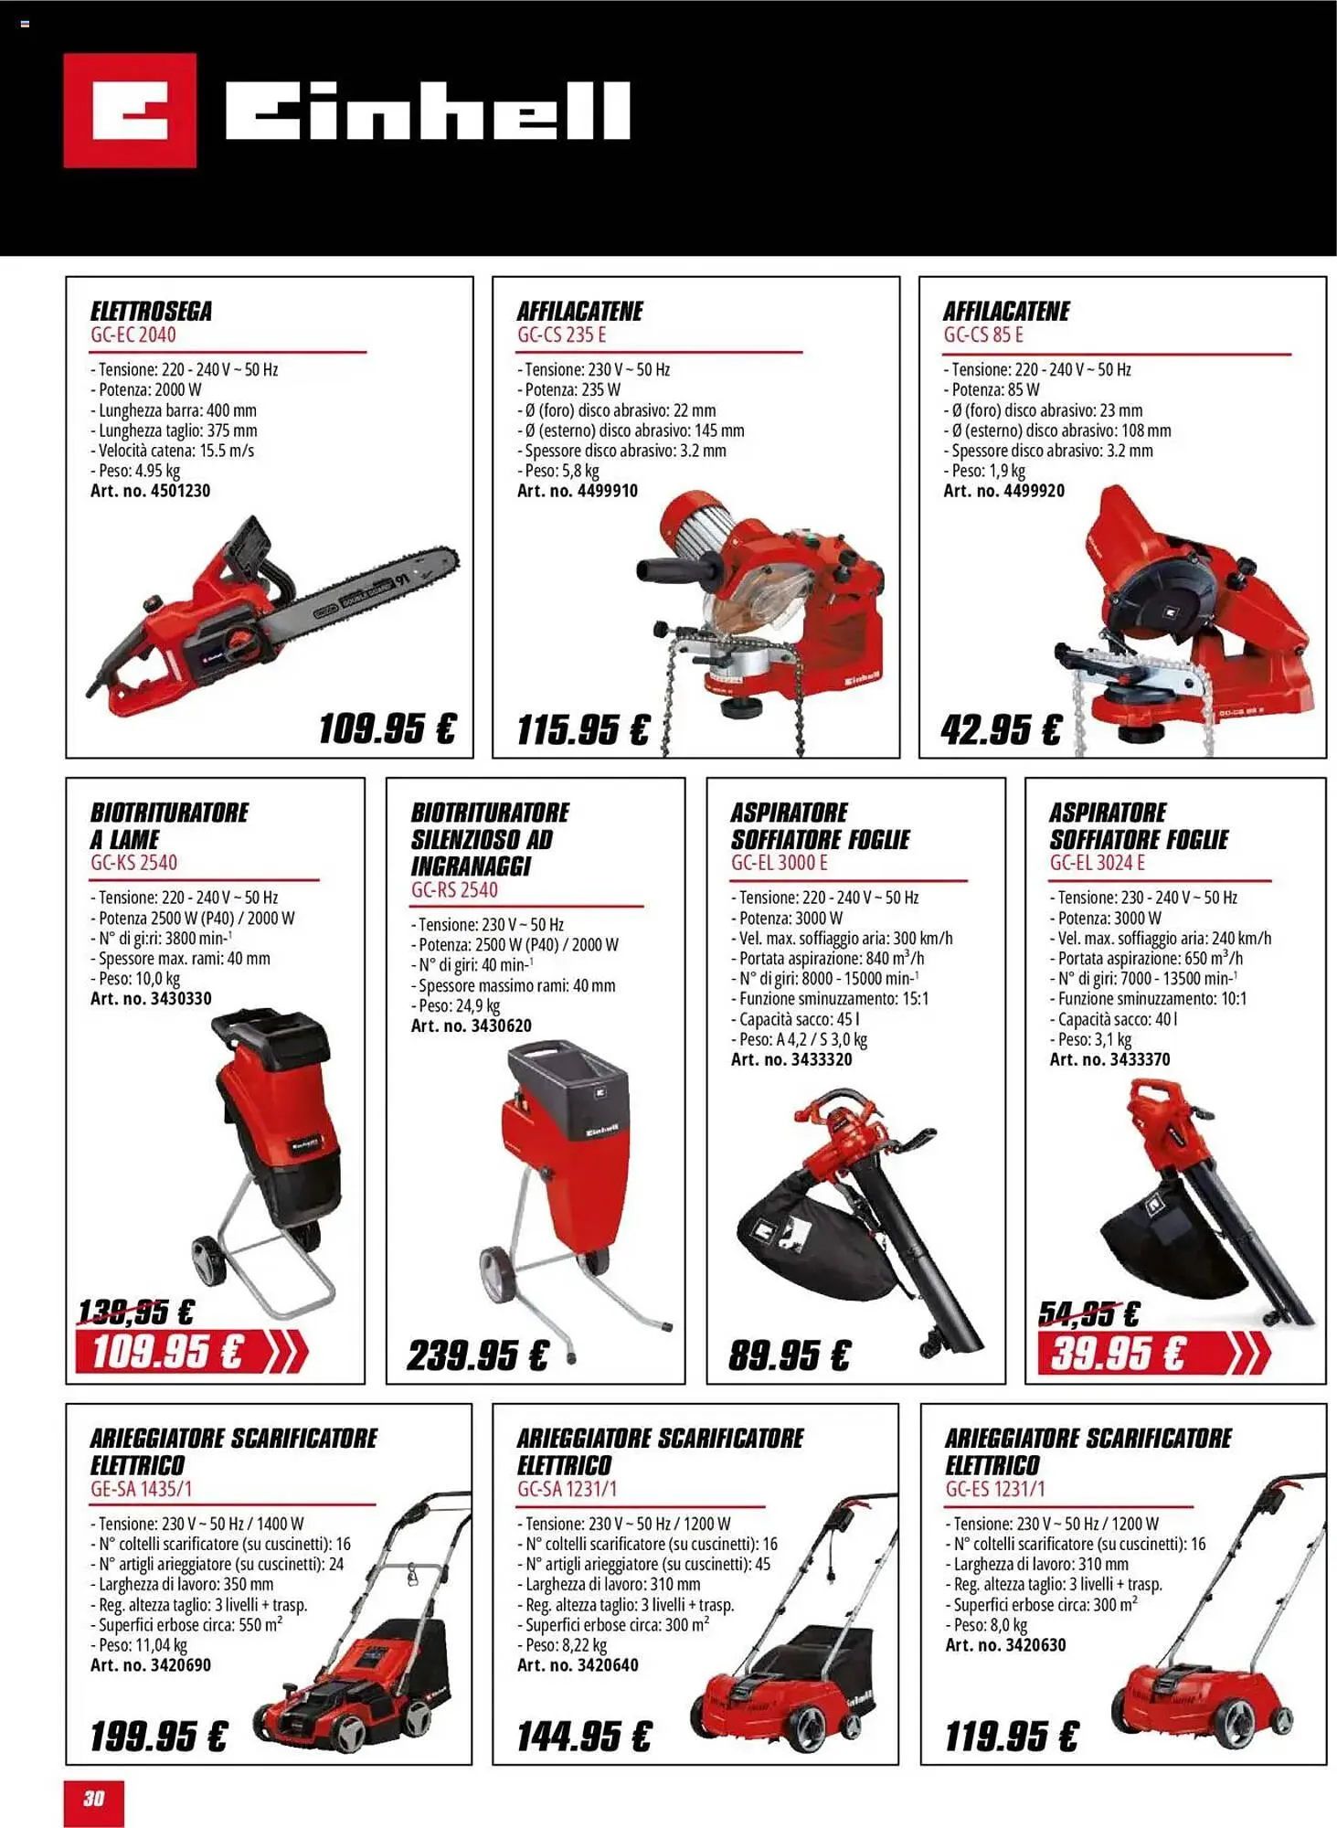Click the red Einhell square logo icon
[130, 111]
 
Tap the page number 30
[94, 1798]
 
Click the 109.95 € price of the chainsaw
[387, 729]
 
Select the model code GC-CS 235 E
[561, 335]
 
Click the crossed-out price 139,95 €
[135, 1313]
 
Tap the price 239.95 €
[477, 1355]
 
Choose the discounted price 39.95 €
[1117, 1353]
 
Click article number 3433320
[791, 1059]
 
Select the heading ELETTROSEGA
[151, 311]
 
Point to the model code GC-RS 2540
[454, 889]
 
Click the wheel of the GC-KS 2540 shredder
[209, 1262]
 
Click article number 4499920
[1003, 491]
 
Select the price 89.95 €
[789, 1355]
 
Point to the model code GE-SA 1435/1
[142, 1489]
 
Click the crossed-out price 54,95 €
[1089, 1313]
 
